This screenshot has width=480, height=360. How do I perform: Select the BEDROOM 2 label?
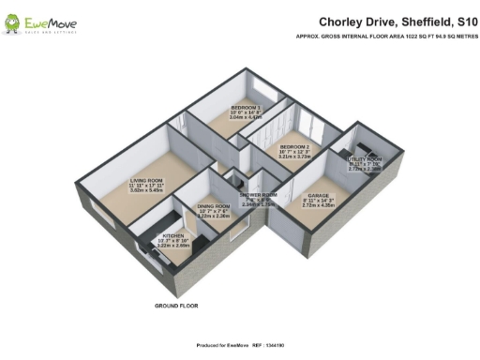click(292, 147)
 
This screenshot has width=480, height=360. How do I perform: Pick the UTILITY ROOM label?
click(367, 159)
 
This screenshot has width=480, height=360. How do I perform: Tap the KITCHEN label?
click(173, 236)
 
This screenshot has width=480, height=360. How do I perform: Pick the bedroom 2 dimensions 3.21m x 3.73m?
click(292, 158)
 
